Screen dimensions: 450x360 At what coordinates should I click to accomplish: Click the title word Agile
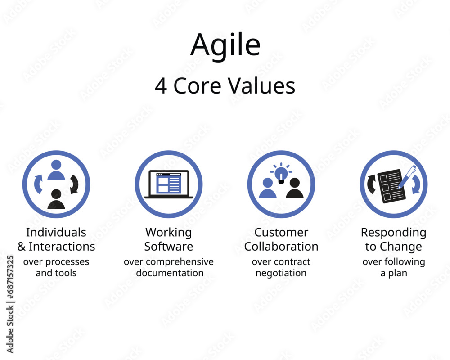[x=225, y=45]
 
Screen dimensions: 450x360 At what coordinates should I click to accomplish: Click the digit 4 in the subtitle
[x=161, y=86]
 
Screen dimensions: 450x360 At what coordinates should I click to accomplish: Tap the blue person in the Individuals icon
[x=56, y=170]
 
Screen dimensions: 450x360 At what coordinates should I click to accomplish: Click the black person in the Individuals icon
[x=56, y=199]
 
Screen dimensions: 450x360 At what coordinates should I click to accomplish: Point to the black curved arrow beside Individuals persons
[x=74, y=184]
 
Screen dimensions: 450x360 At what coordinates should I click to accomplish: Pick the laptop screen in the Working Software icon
[x=169, y=183]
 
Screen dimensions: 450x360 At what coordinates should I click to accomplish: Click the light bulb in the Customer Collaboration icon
[x=281, y=173]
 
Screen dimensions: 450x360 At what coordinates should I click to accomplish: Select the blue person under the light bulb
[x=268, y=188]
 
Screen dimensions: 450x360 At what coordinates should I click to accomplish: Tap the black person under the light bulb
[x=295, y=188]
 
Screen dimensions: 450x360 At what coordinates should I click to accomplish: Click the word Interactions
[x=62, y=247]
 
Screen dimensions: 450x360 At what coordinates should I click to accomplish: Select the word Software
[x=169, y=247]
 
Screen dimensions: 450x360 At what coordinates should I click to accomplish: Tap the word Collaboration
[x=281, y=247]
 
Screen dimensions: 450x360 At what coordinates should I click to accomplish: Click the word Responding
[x=393, y=233]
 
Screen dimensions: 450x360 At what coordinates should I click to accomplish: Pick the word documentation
[x=170, y=273]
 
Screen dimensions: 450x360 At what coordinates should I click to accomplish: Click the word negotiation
[x=281, y=273]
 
